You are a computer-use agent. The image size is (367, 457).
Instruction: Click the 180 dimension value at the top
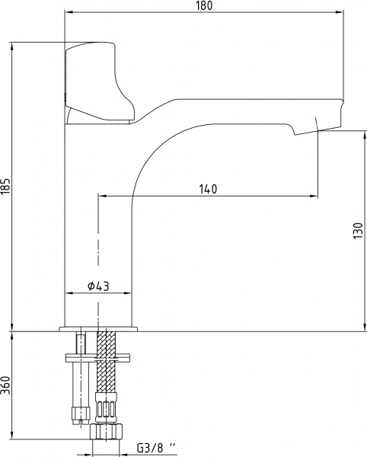click(204, 5)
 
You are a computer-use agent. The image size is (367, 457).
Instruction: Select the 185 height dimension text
click(6, 186)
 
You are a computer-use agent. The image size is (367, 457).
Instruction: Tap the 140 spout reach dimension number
click(208, 189)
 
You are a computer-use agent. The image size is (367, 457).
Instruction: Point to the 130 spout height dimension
click(358, 231)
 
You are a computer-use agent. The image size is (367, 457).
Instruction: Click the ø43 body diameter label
click(98, 286)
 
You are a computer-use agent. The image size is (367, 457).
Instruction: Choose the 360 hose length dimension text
click(6, 385)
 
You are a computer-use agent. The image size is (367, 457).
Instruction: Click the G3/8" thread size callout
click(156, 447)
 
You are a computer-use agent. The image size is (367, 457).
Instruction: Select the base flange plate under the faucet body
click(98, 329)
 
